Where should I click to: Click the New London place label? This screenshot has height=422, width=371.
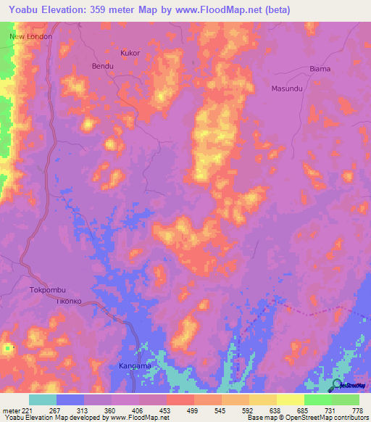coord(31,36)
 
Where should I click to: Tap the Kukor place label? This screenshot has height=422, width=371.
coord(130,53)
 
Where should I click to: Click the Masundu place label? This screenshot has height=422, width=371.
coord(286,88)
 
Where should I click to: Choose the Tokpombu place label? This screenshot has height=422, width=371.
coord(48,289)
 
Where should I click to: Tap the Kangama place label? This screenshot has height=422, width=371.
coord(135,365)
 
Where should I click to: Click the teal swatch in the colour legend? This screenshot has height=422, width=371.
coord(43,400)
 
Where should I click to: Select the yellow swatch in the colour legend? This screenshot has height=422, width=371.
coord(291,400)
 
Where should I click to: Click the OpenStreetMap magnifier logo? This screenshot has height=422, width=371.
coord(338,385)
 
